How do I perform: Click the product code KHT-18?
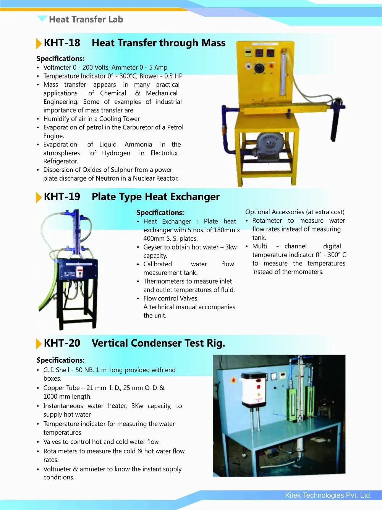tap(62, 43)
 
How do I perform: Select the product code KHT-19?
tap(62, 197)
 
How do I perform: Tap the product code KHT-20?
tap(62, 343)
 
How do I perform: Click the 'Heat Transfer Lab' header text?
tap(86, 20)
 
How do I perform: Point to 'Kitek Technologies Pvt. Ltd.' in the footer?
tap(328, 495)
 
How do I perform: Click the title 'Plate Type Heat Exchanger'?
tap(155, 197)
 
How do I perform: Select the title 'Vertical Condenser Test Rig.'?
tap(158, 343)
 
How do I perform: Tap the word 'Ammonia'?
tap(138, 145)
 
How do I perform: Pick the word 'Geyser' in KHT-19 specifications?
tap(153, 247)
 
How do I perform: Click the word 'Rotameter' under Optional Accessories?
tap(267, 221)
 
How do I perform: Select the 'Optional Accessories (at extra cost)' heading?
tap(295, 212)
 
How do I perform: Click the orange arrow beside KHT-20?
tap(38, 344)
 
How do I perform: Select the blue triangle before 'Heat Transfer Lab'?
tap(42, 18)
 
